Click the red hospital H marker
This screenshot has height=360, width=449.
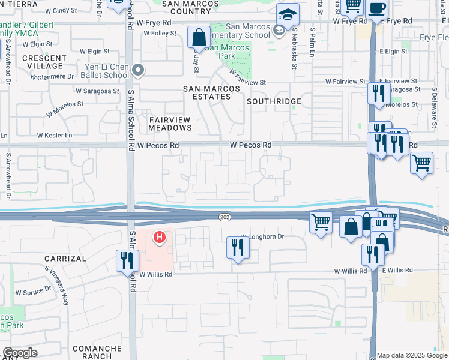coord(159,238)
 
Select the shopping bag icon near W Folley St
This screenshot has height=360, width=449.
coord(199,37)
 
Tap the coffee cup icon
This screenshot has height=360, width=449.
coord(377,8)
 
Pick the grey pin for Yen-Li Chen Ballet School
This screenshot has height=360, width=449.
coord(138,71)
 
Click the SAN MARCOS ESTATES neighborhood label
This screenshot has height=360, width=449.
coord(211,94)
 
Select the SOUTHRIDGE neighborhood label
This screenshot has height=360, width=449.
coord(274,101)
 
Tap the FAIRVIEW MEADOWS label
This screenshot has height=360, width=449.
coord(170,124)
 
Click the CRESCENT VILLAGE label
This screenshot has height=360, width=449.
coord(43,62)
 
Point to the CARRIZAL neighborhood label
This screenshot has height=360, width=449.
coord(66,258)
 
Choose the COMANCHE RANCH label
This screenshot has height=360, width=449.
coord(92,352)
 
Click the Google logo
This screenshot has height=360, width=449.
coord(19,353)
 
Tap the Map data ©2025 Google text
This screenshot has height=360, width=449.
coord(412,355)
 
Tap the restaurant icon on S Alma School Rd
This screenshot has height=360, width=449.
coord(127,260)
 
